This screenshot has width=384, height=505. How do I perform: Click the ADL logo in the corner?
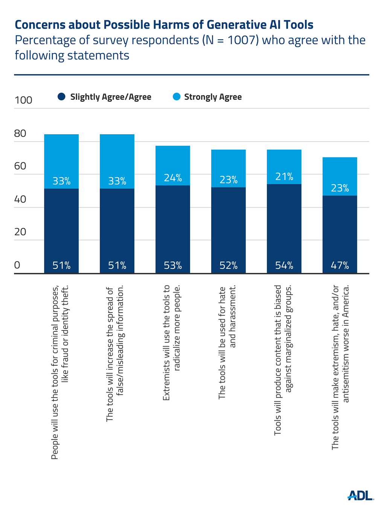360,495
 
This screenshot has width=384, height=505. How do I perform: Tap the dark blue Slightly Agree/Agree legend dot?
61,97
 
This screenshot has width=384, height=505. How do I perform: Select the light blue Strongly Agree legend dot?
176,97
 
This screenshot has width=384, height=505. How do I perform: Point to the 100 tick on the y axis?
23,100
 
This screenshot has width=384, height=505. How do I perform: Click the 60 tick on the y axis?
20,166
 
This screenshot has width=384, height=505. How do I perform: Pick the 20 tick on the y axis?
20,232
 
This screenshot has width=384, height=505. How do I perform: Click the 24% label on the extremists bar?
173,177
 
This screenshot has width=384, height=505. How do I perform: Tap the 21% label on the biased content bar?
284,176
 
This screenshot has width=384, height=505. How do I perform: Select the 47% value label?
340,265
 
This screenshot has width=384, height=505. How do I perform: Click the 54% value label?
284,265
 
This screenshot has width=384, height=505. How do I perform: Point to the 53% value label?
173,265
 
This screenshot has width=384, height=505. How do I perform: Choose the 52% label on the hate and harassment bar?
229,265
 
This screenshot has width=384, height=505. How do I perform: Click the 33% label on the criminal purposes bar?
61,181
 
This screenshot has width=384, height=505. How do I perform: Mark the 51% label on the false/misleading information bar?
117,265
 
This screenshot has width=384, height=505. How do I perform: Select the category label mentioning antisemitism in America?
340,367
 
